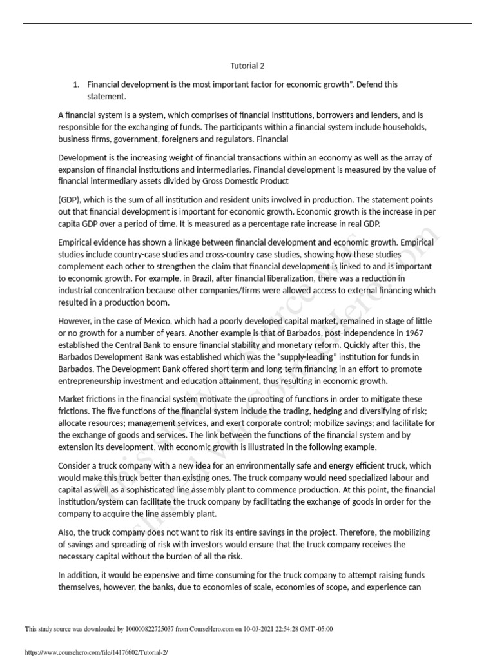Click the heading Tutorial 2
point(247,66)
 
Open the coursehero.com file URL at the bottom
point(95,652)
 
